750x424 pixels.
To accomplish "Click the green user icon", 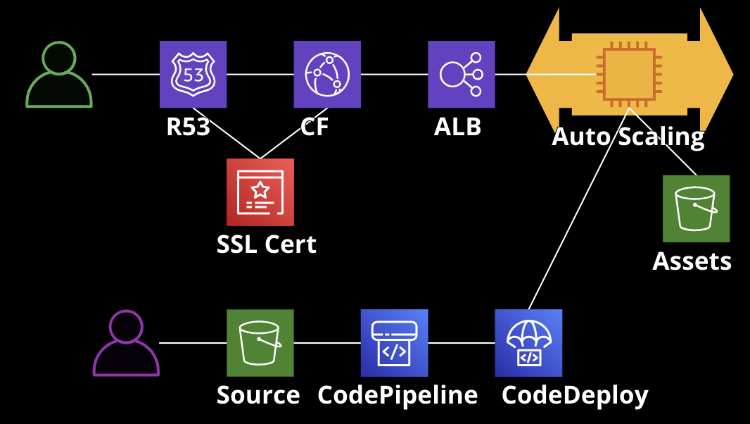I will (59, 75).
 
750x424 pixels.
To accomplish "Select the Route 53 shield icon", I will (193, 74).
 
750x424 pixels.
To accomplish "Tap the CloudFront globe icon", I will (327, 74).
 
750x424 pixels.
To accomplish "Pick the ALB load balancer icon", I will (462, 74).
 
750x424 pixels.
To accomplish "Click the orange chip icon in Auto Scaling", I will (629, 74).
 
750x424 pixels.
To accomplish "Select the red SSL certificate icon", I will (260, 192).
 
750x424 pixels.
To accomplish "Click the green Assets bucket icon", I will (696, 208).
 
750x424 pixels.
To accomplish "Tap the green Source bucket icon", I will (260, 343).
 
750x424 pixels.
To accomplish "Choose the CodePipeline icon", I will (394, 343).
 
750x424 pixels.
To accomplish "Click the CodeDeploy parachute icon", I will (528, 343).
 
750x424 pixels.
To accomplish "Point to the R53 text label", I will (188, 127).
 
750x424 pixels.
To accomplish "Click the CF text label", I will (314, 127).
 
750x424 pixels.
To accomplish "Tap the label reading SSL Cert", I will (267, 244).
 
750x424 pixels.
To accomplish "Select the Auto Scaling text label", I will (628, 137).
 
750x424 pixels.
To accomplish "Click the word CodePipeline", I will (398, 395).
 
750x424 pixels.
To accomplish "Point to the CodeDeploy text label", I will (575, 395).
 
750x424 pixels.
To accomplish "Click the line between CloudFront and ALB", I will (394, 74).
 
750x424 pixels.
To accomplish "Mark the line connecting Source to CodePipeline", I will (327, 343).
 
